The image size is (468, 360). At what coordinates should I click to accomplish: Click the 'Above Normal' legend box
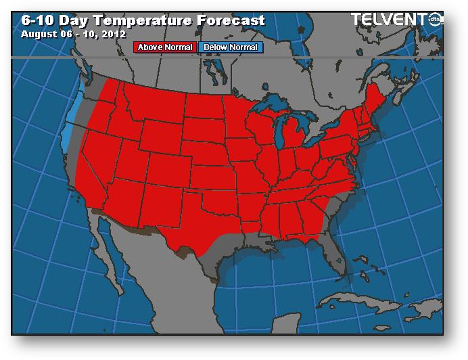166,47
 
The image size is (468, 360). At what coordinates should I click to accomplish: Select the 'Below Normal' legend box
229,47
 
